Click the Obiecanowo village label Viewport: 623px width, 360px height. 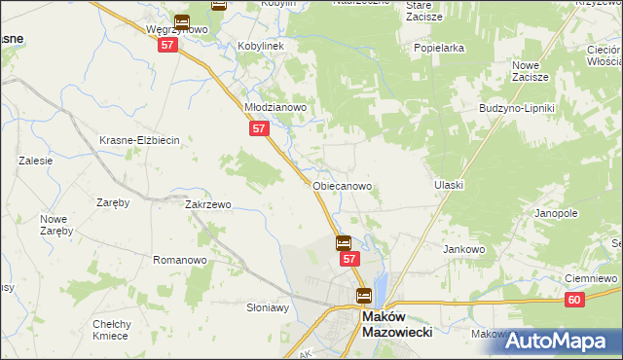[x=342, y=185]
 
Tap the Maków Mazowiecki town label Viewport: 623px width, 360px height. [x=396, y=323]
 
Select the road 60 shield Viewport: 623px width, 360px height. [x=575, y=303]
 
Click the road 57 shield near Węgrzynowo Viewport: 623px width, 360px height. [x=168, y=46]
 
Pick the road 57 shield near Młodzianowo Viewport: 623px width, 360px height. [x=258, y=128]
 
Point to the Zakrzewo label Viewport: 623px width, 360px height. [x=207, y=205]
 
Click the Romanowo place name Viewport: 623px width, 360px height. [x=180, y=260]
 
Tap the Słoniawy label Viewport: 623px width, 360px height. [x=268, y=307]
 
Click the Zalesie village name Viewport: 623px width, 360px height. [x=35, y=161]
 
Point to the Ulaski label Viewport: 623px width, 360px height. [x=449, y=185]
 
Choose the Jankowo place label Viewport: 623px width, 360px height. [x=464, y=249]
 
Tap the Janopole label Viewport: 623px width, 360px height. [x=557, y=212]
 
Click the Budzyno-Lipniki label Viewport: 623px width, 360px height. [x=516, y=108]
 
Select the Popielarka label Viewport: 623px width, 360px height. [x=438, y=47]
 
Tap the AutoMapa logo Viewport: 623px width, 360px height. [x=563, y=342]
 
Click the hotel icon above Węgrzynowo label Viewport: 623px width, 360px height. [x=182, y=19]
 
